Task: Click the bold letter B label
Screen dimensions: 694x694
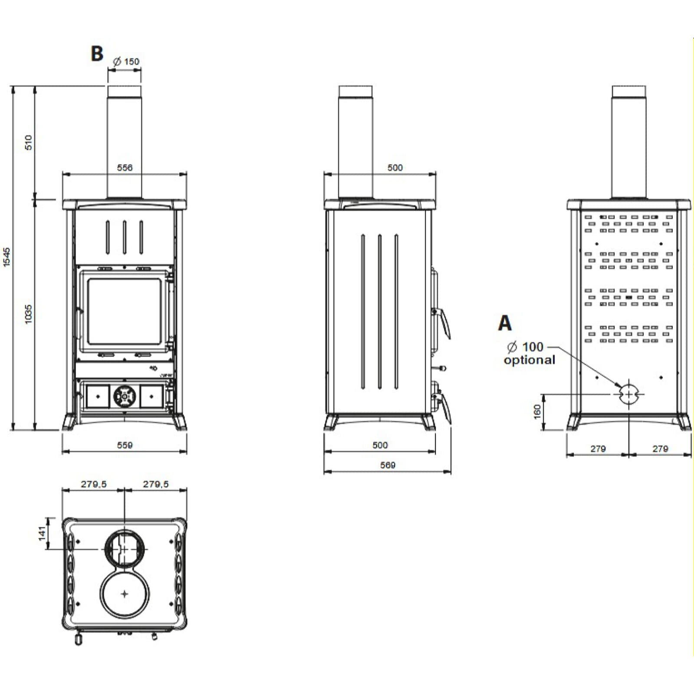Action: pyautogui.click(x=97, y=54)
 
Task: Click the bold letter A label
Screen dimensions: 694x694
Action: pyautogui.click(x=505, y=323)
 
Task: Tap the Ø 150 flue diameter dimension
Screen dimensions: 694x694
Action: pyautogui.click(x=126, y=62)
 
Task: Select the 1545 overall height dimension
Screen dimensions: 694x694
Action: pyautogui.click(x=7, y=257)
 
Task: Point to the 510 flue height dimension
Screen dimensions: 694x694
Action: pyautogui.click(x=29, y=142)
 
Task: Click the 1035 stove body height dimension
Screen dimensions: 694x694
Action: pyautogui.click(x=29, y=314)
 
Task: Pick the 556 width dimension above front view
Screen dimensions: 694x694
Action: pyautogui.click(x=124, y=167)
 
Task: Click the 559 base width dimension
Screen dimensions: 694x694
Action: pyautogui.click(x=124, y=445)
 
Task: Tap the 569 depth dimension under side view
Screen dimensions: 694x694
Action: pyautogui.click(x=387, y=465)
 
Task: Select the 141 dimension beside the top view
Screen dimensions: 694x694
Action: pyautogui.click(x=42, y=533)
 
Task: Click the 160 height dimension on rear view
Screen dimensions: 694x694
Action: pyautogui.click(x=537, y=412)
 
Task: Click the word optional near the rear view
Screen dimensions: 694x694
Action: pyautogui.click(x=529, y=360)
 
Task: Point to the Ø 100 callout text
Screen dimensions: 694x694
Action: pyautogui.click(x=525, y=347)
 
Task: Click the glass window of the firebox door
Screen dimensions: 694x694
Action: pyautogui.click(x=124, y=311)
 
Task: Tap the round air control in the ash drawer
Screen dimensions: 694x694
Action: pyautogui.click(x=124, y=396)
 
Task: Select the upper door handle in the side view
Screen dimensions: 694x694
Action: pyautogui.click(x=443, y=321)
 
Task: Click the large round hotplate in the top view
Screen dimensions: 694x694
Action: pyautogui.click(x=124, y=594)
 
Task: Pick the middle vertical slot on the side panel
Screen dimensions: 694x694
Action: pyautogui.click(x=380, y=311)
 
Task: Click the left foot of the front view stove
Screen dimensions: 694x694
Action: pyautogui.click(x=70, y=422)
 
